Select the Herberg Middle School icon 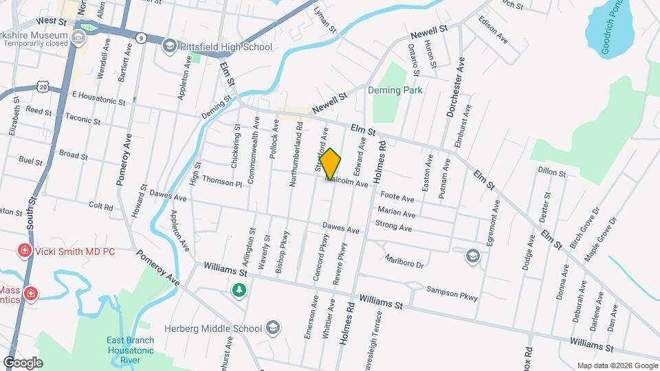click(273, 328)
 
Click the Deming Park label click(395, 90)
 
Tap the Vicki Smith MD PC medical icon click(25, 251)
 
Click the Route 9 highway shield click(140, 37)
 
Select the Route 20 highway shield click(43, 87)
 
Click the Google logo click(23, 362)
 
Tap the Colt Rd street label click(100, 205)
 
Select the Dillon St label click(551, 172)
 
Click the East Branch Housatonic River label click(131, 350)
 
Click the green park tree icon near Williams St click(239, 291)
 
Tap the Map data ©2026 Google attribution click(616, 366)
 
